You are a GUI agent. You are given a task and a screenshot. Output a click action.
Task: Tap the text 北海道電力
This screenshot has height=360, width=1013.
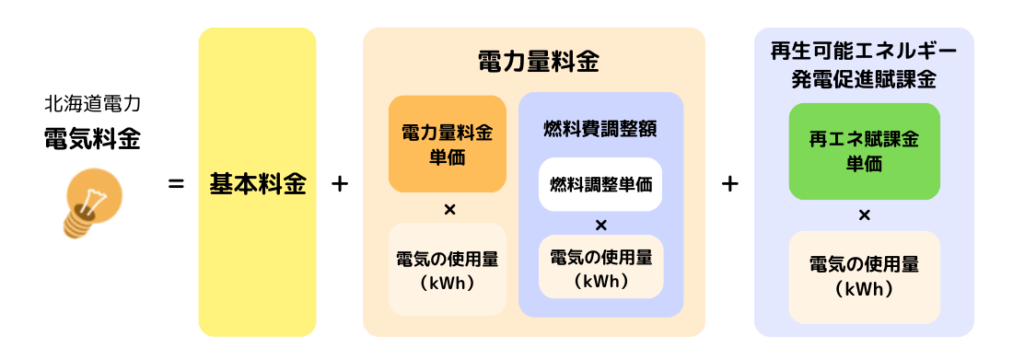tap(92, 103)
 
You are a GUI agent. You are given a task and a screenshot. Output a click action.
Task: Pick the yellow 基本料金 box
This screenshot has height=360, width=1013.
tap(257, 182)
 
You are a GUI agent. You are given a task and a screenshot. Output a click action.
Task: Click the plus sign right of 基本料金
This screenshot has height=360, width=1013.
tap(339, 184)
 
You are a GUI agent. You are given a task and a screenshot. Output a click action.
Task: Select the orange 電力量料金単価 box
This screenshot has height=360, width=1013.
tap(448, 144)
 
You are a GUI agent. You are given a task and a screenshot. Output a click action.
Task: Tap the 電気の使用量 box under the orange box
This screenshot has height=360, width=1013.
tap(448, 269)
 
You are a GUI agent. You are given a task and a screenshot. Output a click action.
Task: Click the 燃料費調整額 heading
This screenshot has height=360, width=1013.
tap(600, 127)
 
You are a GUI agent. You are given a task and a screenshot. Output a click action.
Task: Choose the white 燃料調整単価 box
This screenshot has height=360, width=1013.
tap(600, 183)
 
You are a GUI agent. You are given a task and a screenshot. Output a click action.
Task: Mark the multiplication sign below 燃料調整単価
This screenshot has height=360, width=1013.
tap(600, 226)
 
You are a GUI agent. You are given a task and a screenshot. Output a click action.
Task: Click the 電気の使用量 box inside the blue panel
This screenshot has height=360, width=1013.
tap(600, 267)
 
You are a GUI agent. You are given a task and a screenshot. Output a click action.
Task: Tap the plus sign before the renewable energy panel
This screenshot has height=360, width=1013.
tap(730, 184)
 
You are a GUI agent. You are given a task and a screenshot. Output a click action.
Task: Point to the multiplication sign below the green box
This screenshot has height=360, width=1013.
tap(865, 215)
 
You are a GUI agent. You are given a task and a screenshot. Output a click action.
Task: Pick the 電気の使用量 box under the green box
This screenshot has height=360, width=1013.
tap(864, 276)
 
